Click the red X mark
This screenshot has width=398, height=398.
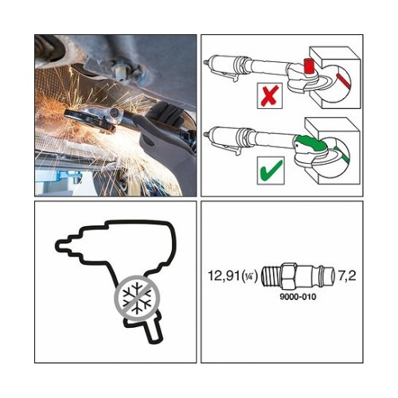[270, 96]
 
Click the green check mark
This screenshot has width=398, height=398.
[271, 170]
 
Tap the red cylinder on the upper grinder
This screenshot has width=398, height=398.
[309, 65]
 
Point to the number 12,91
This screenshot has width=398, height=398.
[224, 275]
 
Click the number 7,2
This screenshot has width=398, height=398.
[346, 275]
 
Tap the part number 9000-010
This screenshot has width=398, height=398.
[298, 296]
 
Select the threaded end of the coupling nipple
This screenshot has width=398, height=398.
[271, 276]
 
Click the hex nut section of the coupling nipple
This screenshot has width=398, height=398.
[288, 276]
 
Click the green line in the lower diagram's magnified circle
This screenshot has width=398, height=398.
[342, 154]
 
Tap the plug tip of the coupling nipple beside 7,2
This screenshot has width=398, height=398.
[331, 276]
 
